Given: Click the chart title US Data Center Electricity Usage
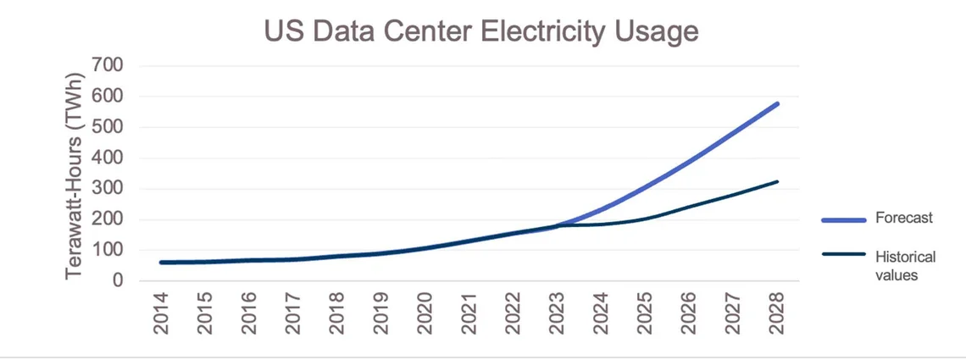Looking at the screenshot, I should [481, 31].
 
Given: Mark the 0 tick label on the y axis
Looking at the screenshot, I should [118, 281].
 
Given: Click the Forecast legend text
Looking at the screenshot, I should [904, 219].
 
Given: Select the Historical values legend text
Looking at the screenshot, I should [904, 265].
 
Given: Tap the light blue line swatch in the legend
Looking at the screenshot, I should [843, 219].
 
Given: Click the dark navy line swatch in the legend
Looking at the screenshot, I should [843, 255].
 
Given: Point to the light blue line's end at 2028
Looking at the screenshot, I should [777, 104].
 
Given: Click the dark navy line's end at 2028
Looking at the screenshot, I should [777, 181].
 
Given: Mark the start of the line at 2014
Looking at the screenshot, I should [161, 263].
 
